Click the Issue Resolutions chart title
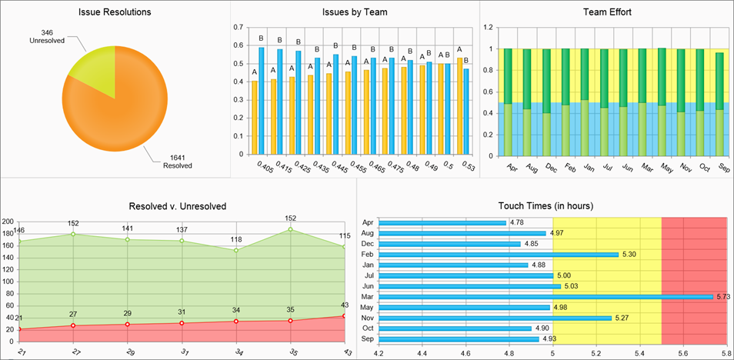[115, 12]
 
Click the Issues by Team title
[355, 12]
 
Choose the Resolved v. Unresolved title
[178, 207]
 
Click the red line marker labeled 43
[344, 316]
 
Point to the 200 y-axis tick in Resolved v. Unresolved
[8, 220]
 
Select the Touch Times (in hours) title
[545, 206]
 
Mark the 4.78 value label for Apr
[519, 223]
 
